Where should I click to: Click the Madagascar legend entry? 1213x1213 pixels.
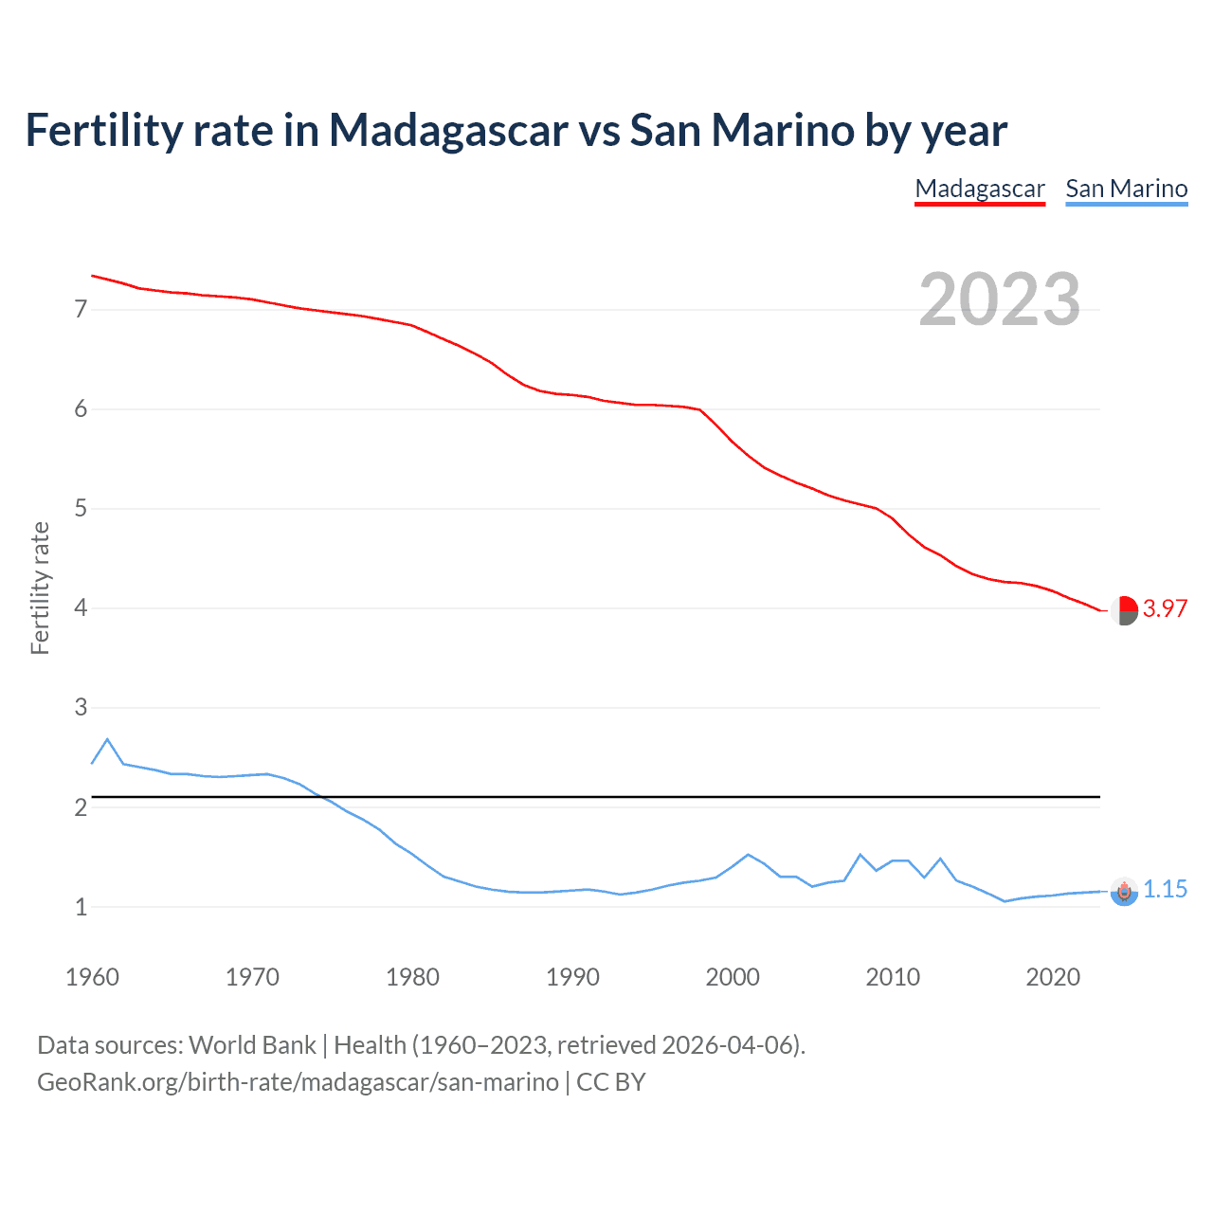pos(980,189)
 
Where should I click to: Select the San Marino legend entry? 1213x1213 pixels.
pos(1126,189)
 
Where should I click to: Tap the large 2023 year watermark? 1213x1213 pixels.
pos(999,299)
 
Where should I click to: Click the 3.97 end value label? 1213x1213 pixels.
pos(1165,608)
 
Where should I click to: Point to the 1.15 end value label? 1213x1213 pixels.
pos(1165,889)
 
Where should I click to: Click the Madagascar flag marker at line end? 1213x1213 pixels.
pos(1124,611)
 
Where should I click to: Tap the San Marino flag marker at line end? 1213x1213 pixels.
pos(1124,892)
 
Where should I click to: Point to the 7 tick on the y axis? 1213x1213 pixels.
pos(81,309)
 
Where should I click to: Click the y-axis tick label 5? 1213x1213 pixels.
pos(81,509)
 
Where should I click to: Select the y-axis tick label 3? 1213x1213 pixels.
pos(81,708)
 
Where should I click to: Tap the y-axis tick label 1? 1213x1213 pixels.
pos(81,907)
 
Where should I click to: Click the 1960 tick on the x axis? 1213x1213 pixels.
pos(92,977)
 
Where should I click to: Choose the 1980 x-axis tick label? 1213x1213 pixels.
pos(412,977)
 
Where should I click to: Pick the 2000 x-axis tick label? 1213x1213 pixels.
pos(733,977)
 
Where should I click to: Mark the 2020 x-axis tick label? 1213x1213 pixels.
pos(1053,977)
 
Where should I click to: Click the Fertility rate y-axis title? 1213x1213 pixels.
pos(40,588)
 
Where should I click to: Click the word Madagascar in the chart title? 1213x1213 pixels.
pos(447,130)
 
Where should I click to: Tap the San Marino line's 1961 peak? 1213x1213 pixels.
pos(107,739)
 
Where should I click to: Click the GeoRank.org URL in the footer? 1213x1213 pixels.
pos(298,1082)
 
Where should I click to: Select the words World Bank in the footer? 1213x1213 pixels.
pos(252,1045)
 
